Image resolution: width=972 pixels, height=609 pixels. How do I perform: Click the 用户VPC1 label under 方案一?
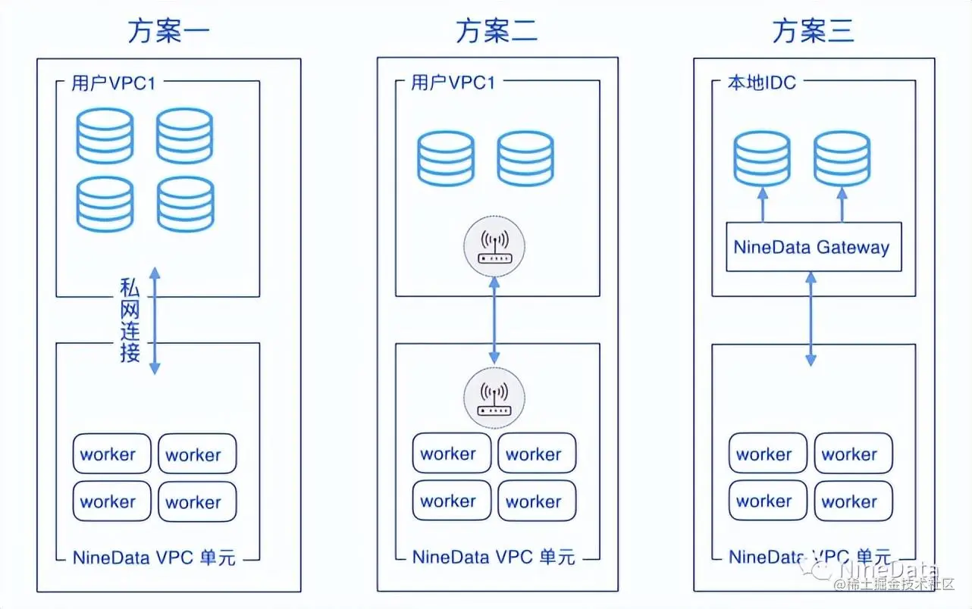coord(113,83)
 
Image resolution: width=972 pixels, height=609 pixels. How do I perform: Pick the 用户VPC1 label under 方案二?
coord(453,83)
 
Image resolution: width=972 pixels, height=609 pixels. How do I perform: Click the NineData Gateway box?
coord(814,247)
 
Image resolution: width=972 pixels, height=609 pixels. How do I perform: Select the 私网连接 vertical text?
coord(130,320)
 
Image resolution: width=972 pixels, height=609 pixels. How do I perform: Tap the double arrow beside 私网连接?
coord(154,320)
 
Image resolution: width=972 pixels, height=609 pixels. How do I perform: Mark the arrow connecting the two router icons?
coord(494,321)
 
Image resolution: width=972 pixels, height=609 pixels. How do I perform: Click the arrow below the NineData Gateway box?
coord(811,319)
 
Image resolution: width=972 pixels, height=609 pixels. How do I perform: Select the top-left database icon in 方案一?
coord(105,136)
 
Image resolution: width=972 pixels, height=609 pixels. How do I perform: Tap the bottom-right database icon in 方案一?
coord(186,205)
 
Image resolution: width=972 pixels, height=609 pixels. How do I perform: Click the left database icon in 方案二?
coord(445,159)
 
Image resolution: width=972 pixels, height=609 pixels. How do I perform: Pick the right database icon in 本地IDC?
coord(842,158)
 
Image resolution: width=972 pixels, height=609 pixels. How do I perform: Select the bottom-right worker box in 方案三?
coord(853,501)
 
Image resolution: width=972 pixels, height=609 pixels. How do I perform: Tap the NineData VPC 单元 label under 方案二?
coord(494,557)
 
